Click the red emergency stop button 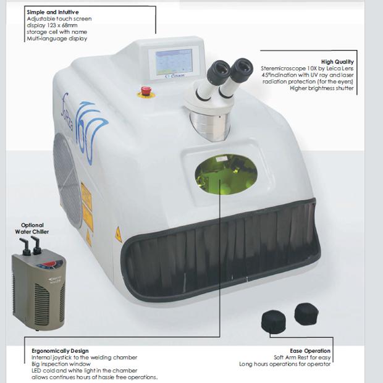[x=146, y=91]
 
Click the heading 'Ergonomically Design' [x=60, y=351]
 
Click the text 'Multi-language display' [x=57, y=39]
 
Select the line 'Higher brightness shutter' [x=322, y=88]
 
